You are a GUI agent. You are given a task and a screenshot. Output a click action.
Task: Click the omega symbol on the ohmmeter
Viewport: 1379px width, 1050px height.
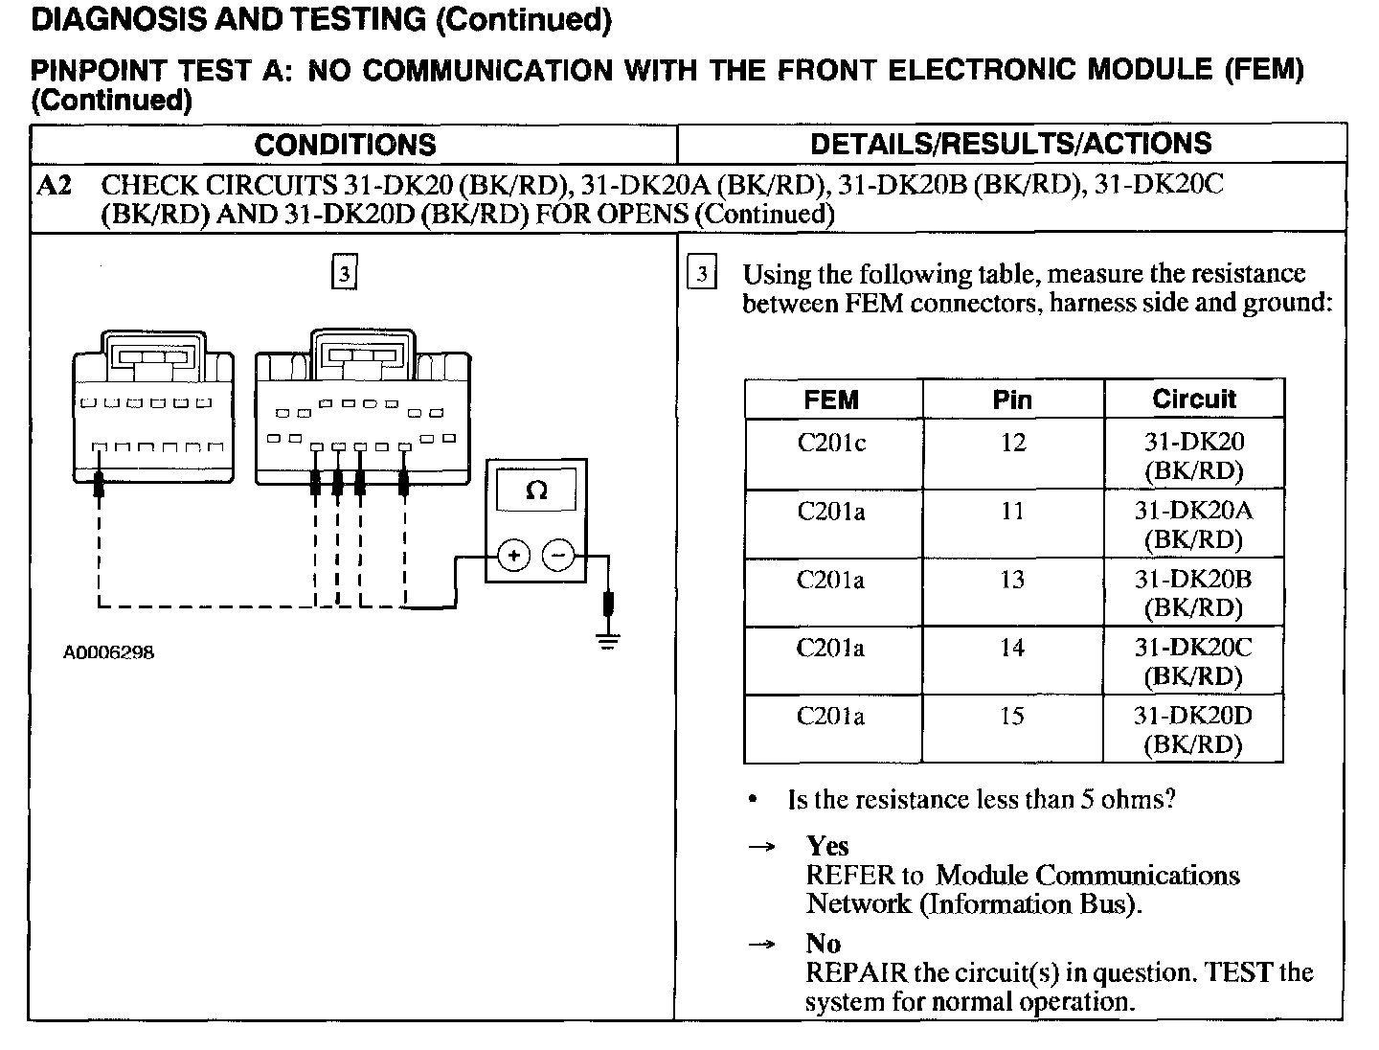536,491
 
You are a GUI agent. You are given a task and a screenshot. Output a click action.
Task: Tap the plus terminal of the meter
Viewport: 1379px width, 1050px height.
514,556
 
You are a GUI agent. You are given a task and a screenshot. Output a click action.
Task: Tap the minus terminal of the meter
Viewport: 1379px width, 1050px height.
559,556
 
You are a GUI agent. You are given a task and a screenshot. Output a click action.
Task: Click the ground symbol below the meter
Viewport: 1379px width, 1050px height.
607,640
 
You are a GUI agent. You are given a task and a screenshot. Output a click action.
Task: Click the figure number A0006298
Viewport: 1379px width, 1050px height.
108,652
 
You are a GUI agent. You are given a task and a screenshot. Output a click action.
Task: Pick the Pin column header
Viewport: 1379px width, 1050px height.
1012,399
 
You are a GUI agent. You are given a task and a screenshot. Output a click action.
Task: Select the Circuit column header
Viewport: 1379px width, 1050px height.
1193,399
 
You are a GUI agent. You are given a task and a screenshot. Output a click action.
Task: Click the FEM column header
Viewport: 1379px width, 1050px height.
831,399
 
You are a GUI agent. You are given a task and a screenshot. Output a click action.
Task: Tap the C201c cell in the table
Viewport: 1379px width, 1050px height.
831,444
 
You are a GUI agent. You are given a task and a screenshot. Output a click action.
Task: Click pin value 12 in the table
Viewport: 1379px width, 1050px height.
1012,443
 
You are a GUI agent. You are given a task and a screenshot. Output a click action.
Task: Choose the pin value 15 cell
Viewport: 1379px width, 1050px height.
1012,717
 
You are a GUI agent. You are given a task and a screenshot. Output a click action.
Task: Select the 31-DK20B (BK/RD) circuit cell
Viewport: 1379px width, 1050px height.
1193,593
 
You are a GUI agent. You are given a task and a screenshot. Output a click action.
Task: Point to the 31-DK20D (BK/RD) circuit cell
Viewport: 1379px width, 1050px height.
1193,730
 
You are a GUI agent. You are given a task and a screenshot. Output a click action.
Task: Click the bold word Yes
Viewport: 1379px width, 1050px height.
827,846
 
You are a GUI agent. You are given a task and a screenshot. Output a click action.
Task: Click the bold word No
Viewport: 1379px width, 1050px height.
823,944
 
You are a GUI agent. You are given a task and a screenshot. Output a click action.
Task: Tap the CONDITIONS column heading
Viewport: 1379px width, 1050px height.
345,145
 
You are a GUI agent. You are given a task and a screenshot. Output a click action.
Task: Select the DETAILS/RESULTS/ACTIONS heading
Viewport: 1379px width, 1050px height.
1010,144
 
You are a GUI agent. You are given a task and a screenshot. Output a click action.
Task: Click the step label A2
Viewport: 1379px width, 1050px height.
54,185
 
